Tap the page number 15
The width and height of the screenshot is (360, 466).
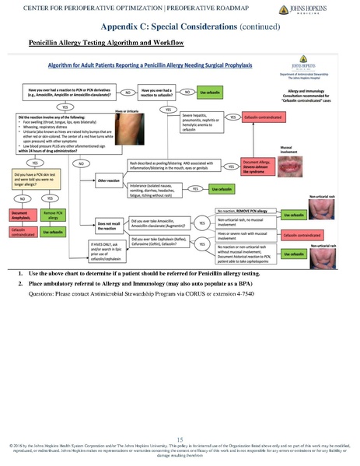(180, 440)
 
